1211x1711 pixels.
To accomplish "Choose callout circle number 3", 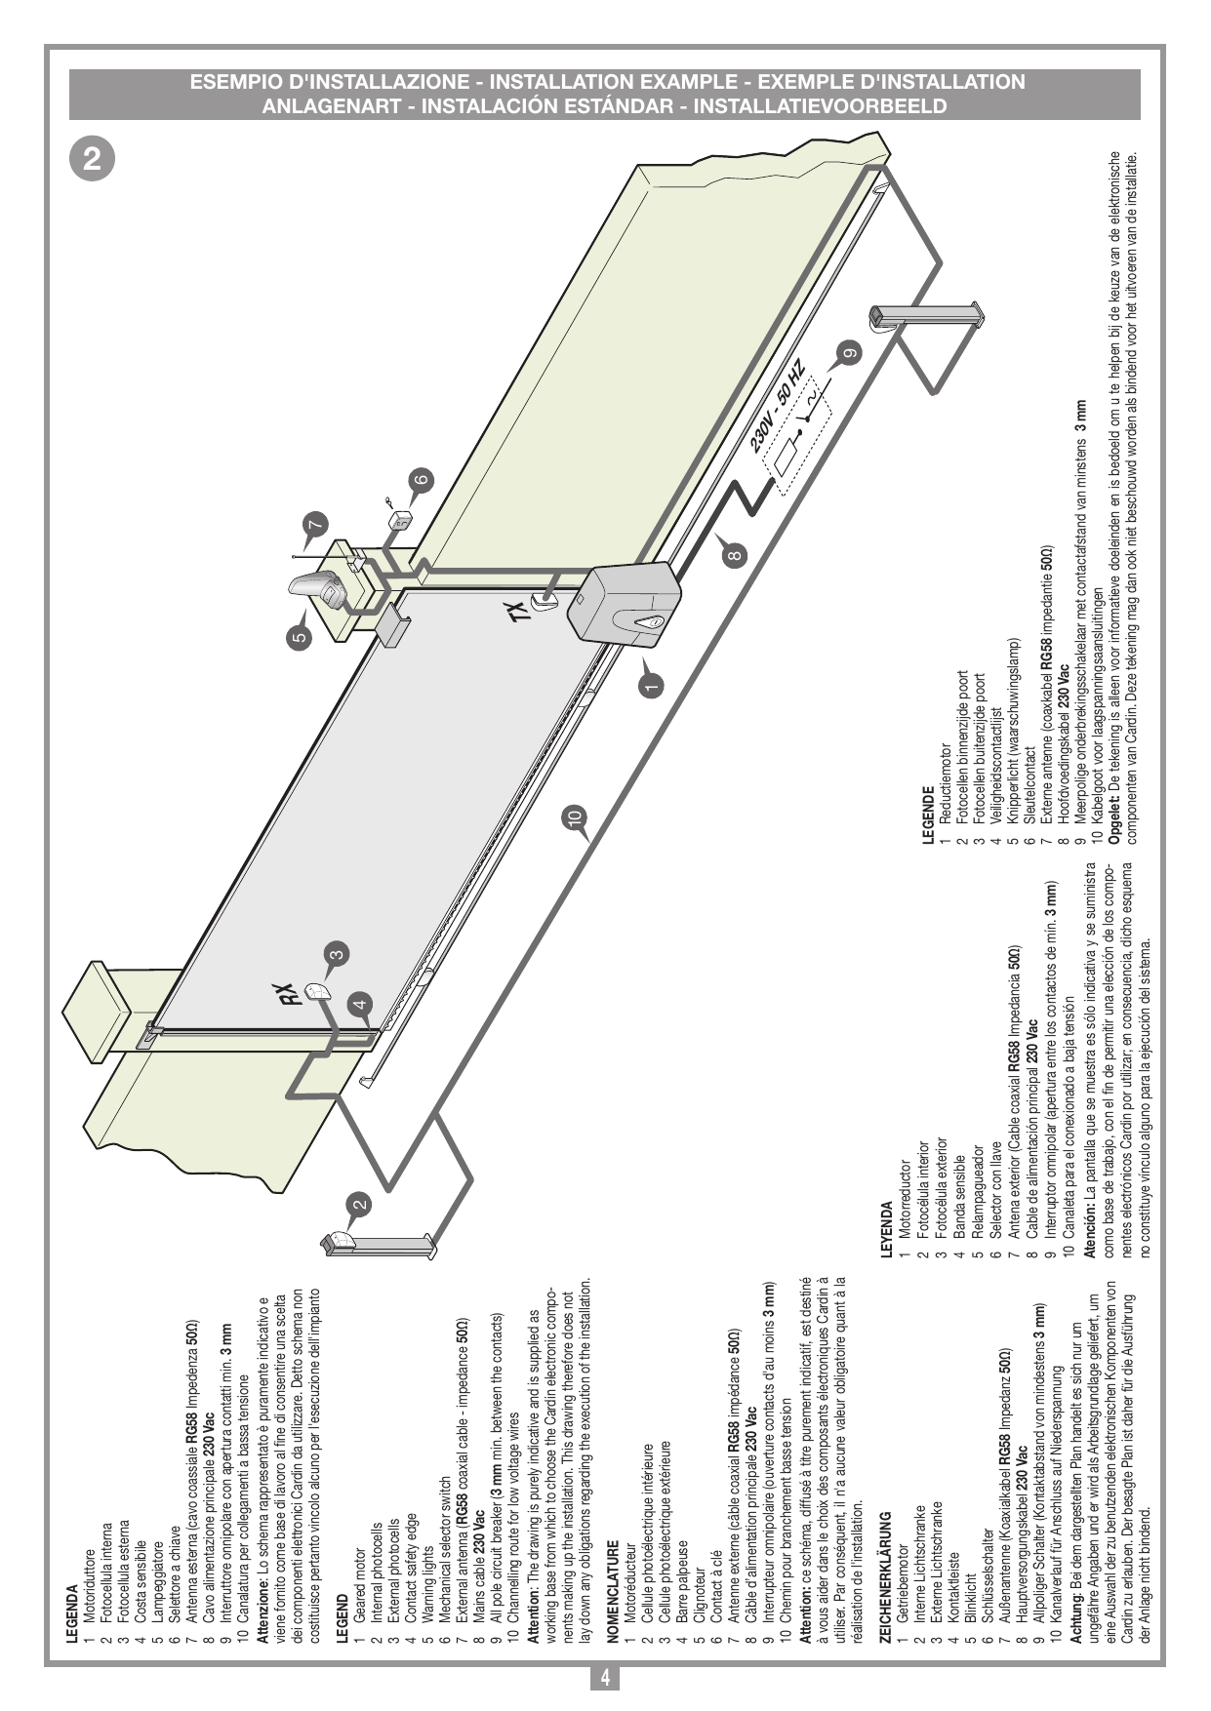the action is point(336,955).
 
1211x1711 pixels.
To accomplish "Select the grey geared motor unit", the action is point(625,605).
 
